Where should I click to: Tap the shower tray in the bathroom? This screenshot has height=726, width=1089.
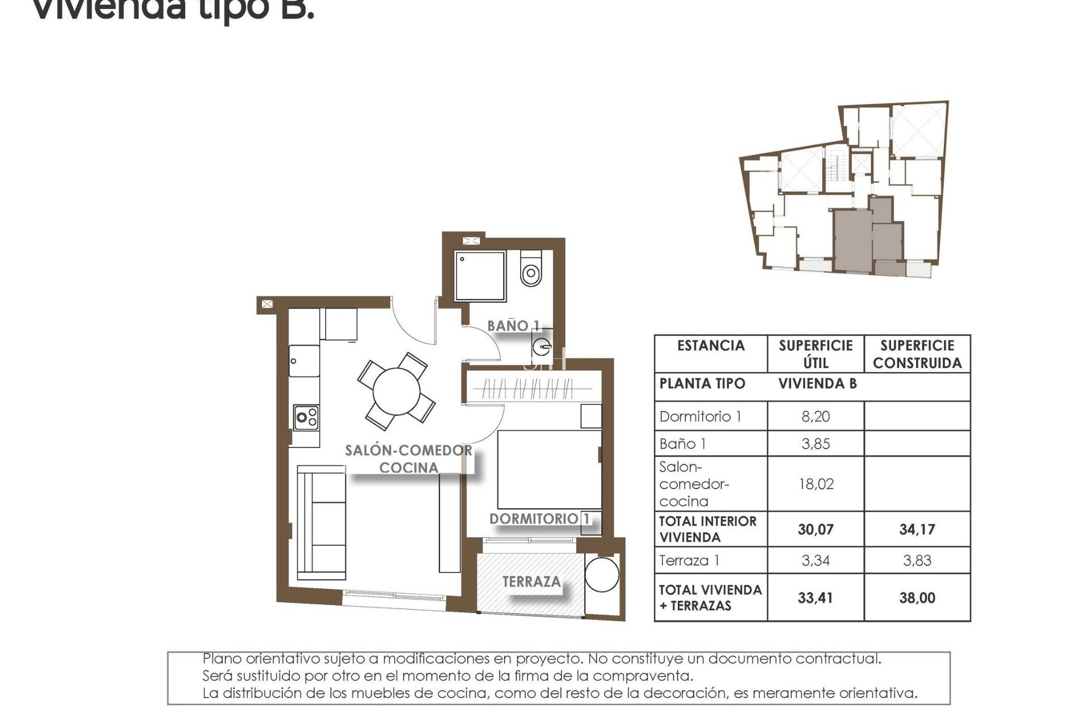[480, 276]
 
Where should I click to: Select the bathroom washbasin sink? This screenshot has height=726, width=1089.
[542, 345]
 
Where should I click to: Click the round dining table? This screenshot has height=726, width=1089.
[396, 391]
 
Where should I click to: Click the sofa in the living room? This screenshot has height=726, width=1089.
[322, 522]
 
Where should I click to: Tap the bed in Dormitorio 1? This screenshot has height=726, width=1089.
[549, 469]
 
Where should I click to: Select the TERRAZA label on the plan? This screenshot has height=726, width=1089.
[531, 582]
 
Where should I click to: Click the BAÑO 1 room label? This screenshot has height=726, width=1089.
[513, 326]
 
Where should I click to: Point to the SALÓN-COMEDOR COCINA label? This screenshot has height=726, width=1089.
[408, 459]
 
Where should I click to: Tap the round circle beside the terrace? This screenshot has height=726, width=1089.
[602, 575]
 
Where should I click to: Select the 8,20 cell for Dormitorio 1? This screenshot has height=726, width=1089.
[815, 416]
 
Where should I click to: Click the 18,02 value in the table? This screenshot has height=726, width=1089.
[815, 484]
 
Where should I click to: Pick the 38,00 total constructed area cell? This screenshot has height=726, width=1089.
[917, 598]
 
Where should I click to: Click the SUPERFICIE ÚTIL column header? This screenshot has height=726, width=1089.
[815, 354]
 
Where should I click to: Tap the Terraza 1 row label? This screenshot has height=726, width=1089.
[689, 561]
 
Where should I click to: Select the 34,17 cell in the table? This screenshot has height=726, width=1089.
[917, 530]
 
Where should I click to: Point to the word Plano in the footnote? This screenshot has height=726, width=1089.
[222, 659]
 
